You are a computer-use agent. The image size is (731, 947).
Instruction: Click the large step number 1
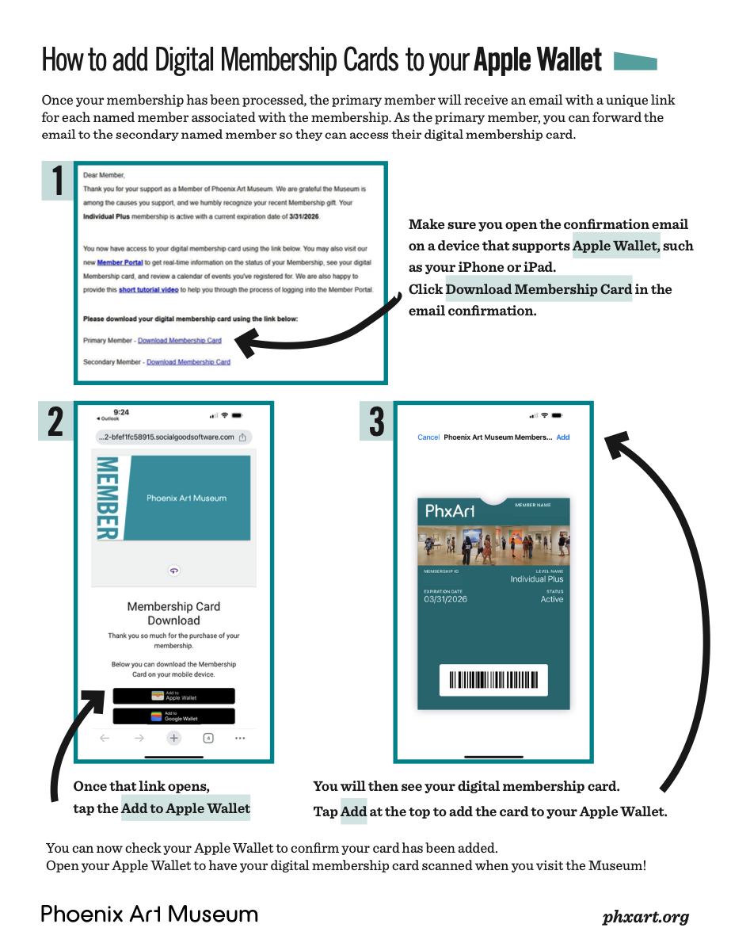click(58, 181)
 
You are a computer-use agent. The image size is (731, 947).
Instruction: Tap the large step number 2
click(55, 422)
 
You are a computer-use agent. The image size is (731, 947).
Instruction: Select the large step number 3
click(377, 422)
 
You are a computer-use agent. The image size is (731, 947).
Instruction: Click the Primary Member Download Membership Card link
click(180, 341)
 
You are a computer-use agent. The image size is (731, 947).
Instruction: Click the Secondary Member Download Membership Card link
click(188, 362)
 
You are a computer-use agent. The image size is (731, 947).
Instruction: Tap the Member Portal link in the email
click(120, 262)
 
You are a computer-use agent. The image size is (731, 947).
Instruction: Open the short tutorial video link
click(148, 290)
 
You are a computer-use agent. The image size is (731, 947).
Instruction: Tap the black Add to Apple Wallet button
click(173, 696)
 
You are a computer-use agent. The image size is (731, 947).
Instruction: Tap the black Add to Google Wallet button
click(173, 716)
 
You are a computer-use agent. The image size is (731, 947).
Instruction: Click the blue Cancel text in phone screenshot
click(428, 437)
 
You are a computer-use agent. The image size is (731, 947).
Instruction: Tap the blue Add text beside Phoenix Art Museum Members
click(562, 437)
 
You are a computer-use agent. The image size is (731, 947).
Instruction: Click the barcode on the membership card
click(493, 680)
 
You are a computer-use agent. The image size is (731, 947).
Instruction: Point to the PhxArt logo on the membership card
click(450, 511)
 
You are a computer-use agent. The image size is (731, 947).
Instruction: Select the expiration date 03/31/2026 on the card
click(446, 599)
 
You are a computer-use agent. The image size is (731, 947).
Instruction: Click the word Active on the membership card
click(552, 599)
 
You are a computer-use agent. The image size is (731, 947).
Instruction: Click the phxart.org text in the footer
click(645, 918)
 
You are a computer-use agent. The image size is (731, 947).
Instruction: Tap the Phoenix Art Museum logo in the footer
click(150, 914)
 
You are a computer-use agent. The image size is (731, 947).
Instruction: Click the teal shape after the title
click(635, 62)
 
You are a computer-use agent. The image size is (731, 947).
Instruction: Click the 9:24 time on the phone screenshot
click(121, 412)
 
